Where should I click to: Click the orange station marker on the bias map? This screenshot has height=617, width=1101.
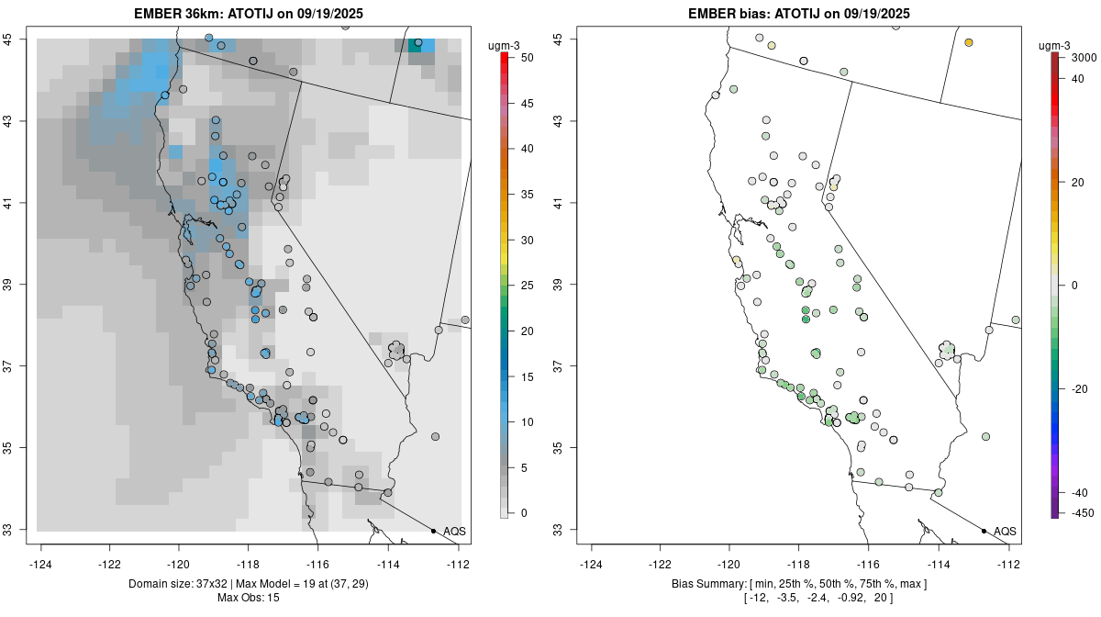pos(969,42)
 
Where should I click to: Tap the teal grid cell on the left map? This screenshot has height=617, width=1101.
pos(415,46)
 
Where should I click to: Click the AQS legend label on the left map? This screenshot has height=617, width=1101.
pos(454,532)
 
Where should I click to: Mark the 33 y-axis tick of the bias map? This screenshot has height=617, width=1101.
pos(569,529)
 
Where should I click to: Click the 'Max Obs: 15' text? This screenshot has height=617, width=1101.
pos(249,598)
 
